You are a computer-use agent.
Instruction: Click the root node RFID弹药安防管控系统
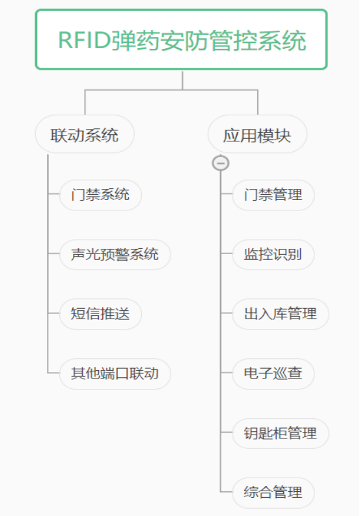181,40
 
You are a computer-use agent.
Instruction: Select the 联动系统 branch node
85,134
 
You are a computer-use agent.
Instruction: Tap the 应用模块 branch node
257,134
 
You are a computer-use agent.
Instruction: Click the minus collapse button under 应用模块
221,163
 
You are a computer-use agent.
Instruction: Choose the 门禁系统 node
100,195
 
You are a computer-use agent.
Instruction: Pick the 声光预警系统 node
115,254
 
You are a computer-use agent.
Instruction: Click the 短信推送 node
100,313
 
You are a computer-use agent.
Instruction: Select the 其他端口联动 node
115,373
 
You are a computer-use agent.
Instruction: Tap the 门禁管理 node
273,195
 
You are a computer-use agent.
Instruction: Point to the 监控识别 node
273,254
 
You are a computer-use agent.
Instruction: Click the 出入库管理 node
280,313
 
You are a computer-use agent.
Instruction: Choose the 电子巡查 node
273,373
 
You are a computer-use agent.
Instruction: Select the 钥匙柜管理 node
280,433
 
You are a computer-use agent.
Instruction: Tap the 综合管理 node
273,493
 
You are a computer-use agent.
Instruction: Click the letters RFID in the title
84,40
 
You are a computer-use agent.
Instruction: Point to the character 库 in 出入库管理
280,313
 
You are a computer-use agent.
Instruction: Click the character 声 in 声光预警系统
78,254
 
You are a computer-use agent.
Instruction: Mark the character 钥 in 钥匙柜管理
251,433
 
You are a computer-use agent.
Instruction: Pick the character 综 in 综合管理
251,493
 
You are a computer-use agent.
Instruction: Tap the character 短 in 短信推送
78,313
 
